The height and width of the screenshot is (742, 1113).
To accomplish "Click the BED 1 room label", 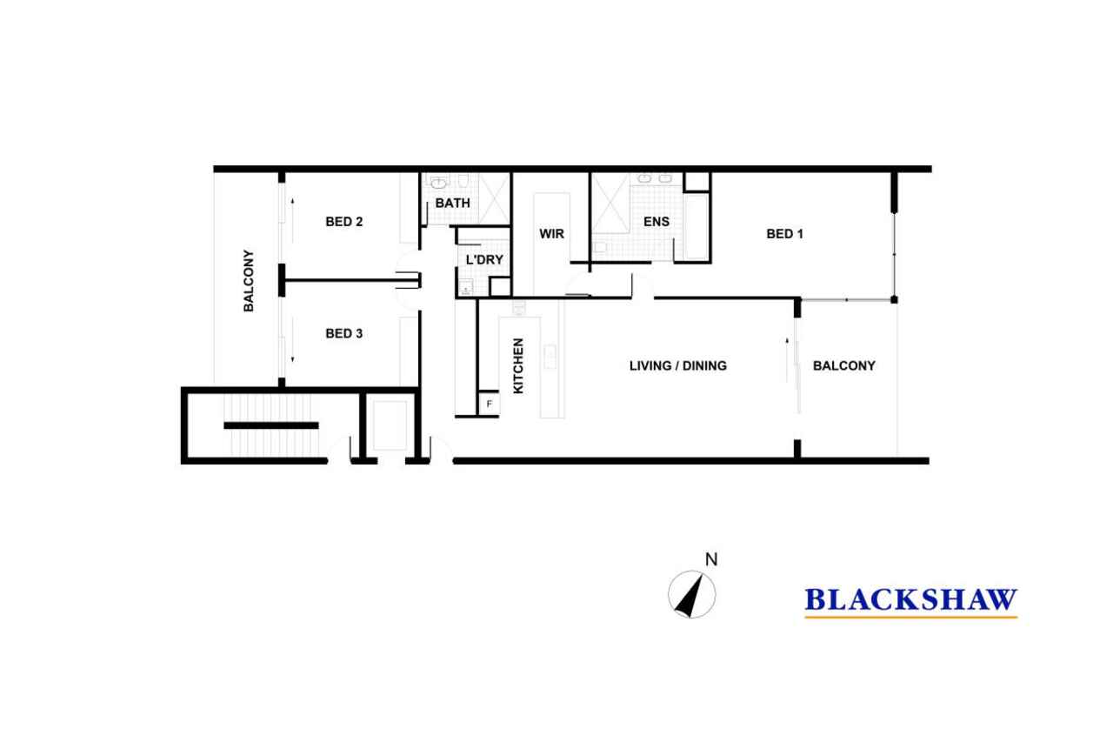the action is (784, 234).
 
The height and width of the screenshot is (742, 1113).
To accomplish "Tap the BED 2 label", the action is (343, 222).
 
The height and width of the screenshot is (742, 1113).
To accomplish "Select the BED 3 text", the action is (343, 333).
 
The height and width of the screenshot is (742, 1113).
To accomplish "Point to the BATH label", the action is (452, 204).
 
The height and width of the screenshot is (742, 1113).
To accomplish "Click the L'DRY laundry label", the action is (484, 259).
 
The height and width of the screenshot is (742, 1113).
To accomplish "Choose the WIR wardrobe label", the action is (551, 234).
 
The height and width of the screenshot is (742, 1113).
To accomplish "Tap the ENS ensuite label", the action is (656, 222).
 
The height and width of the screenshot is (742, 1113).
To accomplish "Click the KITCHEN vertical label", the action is (518, 366).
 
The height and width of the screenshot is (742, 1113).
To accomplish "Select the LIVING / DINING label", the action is (677, 366).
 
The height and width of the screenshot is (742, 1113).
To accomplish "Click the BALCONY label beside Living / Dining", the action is (843, 366).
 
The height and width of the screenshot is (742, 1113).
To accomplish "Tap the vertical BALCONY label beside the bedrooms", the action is (249, 281).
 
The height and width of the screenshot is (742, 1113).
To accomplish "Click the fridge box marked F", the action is (489, 404).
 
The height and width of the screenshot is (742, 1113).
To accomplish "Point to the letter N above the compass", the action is (711, 559).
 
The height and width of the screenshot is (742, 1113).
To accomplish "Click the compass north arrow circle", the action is (691, 594).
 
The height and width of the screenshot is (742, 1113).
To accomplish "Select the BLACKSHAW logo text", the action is (910, 599).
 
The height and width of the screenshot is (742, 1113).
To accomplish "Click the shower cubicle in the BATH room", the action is (495, 199).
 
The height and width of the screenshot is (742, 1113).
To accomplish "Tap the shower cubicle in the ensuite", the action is (610, 204).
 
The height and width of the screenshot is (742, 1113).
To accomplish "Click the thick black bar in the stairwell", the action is (270, 425).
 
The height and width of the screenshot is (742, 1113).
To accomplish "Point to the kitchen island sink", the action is (550, 357).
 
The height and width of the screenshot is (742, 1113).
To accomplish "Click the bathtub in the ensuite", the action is (696, 227).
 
